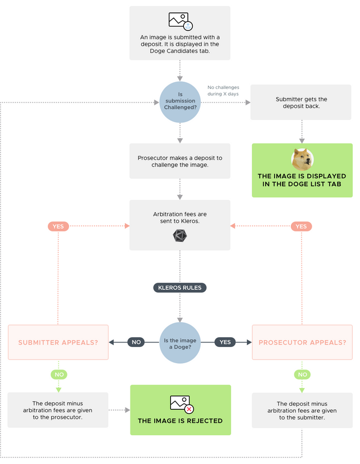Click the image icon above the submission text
[180, 21]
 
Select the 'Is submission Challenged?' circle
[180, 101]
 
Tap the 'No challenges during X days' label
[223, 91]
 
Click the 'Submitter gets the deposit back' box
[301, 102]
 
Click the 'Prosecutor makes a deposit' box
[180, 161]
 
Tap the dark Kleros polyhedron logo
[180, 237]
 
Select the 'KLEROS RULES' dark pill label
[180, 288]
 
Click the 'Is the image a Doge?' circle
[180, 342]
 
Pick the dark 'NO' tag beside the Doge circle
[136, 342]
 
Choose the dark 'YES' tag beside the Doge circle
[225, 342]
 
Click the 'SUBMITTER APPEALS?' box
[58, 342]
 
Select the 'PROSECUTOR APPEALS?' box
[302, 342]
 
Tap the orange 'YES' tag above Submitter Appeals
[58, 226]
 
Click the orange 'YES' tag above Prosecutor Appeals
[301, 226]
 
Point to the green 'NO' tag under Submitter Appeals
[58, 374]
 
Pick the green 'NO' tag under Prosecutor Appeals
[302, 374]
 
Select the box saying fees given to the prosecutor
[58, 410]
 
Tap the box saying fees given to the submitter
[302, 410]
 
